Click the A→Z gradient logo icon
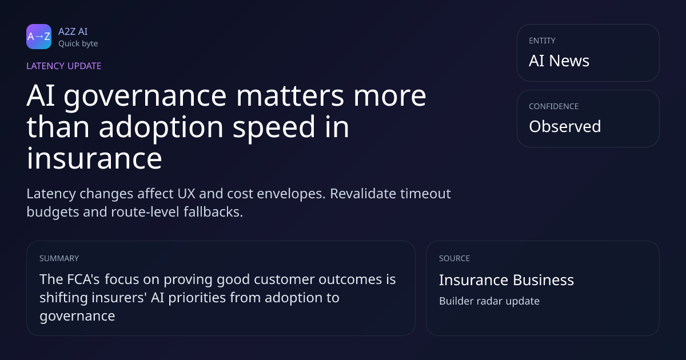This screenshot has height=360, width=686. pos(39,37)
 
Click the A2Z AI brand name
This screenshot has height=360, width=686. pos(73,31)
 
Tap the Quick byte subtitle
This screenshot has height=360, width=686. pos(78,44)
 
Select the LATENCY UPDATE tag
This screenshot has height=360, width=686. pos(63,66)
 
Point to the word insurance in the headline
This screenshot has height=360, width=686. pos(94,158)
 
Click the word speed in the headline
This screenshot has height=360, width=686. pos(274,127)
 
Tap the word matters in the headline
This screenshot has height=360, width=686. pos(290,96)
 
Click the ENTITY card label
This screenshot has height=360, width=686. pos(542,41)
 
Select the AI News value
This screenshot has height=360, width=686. pos(559,61)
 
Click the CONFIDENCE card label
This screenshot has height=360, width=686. pos(554,106)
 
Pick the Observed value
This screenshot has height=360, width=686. pos(565,126)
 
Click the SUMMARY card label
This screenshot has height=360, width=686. pos(59,258)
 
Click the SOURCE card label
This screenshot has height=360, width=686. pos(454,258)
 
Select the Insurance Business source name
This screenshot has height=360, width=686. pos(506,280)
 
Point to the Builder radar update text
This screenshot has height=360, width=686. pos(489,301)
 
